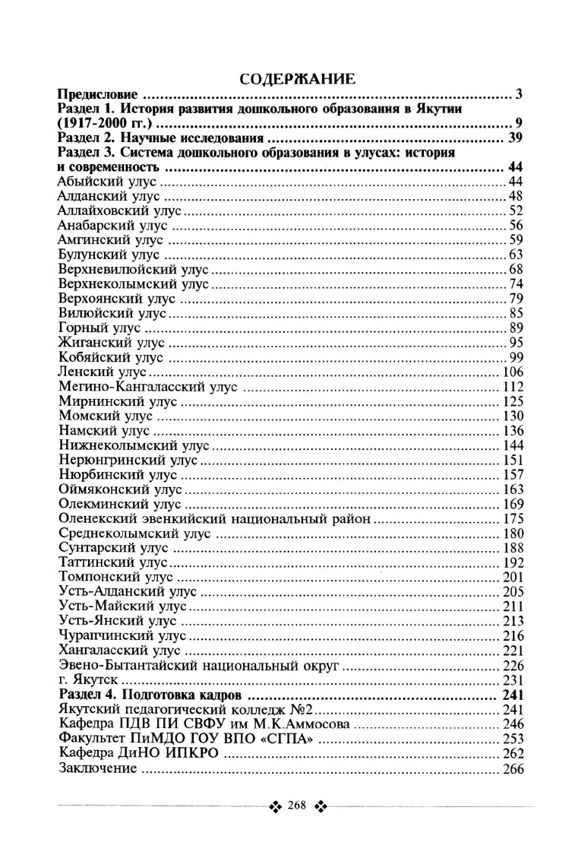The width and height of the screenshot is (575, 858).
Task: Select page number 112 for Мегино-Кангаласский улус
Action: pyautogui.click(x=513, y=386)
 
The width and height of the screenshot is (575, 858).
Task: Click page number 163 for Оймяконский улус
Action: pyautogui.click(x=513, y=489)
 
